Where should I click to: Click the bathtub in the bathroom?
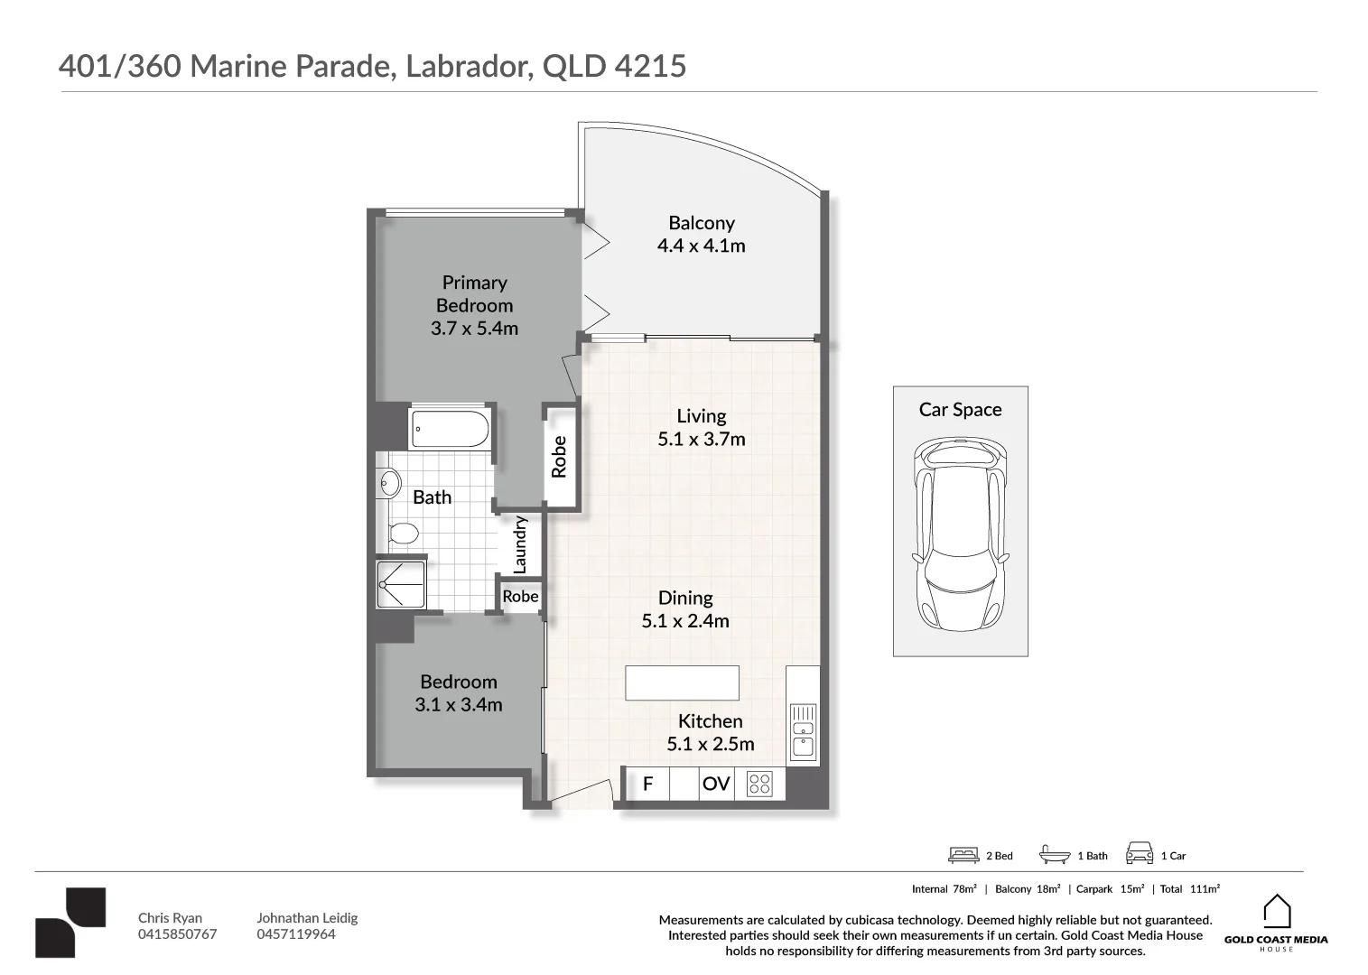coord(450,429)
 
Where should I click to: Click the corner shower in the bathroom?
coord(401,584)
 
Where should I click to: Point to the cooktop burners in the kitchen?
coord(759,784)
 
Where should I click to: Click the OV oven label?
coord(716,784)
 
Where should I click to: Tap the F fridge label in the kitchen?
coord(648,784)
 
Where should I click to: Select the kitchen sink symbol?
coord(803,731)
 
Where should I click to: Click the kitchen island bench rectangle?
coord(682,682)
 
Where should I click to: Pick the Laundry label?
coord(520,544)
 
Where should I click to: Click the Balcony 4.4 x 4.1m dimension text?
coord(701,246)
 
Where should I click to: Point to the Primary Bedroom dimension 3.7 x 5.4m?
coord(475,329)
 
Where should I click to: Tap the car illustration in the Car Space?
coord(960,534)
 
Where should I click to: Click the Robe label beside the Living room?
coord(559,457)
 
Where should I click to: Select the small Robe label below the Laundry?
coord(520,596)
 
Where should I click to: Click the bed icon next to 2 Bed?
coord(963,855)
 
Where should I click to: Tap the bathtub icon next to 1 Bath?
coord(1055,855)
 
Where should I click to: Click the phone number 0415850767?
coord(177,934)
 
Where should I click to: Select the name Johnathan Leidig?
coord(307,917)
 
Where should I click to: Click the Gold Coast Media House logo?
coord(1276,924)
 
